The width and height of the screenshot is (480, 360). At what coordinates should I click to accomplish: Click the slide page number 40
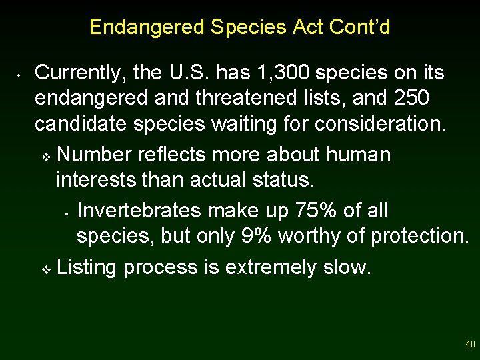[x=470, y=345]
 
